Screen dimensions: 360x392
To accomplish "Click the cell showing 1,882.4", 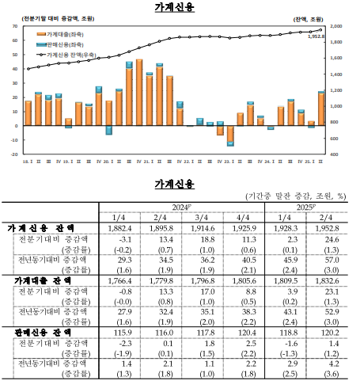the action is click(x=119, y=228).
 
